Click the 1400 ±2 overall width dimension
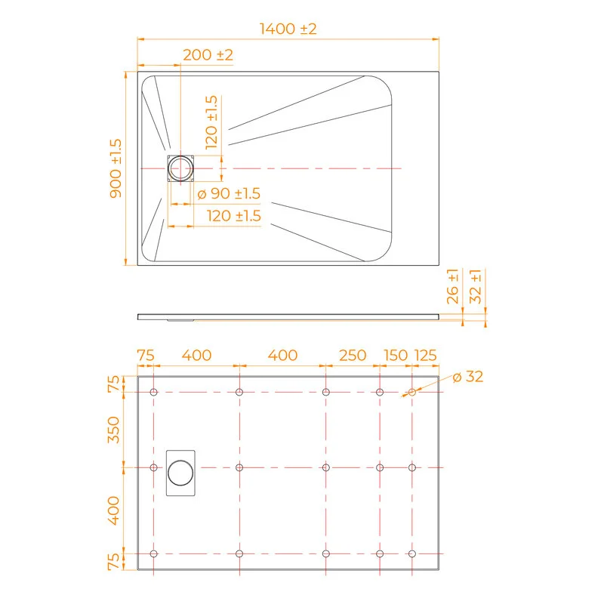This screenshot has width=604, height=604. [288, 29]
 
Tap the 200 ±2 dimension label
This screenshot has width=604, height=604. [208, 54]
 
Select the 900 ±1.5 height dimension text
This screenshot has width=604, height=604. [116, 168]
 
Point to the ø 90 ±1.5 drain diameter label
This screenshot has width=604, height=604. [229, 193]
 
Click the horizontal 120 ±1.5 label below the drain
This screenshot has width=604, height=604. [234, 216]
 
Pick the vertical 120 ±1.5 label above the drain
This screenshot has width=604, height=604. [211, 122]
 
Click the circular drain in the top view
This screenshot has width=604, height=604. [180, 168]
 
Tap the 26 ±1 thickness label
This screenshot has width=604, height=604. [453, 287]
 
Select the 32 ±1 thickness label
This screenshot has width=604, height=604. [476, 287]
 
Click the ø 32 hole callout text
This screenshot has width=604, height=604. [468, 377]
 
